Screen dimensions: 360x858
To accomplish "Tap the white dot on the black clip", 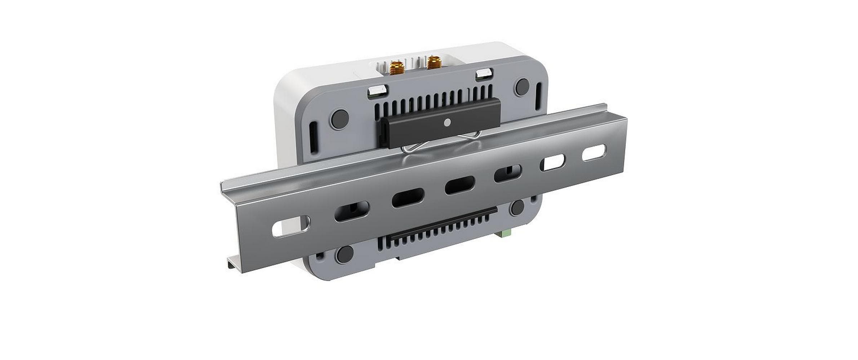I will pos(447,123).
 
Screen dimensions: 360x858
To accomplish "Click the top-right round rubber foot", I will pos(521,86).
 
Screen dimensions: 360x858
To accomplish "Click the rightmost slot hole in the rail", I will pos(594,153).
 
